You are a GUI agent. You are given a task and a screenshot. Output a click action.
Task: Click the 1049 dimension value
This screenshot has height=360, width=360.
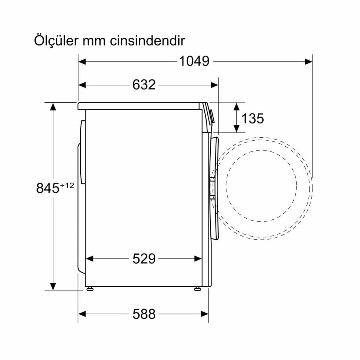pos(193,61)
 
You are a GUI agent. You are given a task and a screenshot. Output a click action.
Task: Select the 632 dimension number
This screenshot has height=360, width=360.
pos(144,85)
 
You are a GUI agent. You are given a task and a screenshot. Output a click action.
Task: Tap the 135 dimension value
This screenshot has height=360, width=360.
pos(252,118)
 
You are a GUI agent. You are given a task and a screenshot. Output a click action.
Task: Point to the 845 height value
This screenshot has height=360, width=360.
pos(48,188)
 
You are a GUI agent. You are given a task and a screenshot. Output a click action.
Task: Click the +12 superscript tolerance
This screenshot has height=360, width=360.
pos(67,185)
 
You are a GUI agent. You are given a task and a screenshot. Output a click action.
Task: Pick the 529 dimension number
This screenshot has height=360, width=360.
pos(144,258)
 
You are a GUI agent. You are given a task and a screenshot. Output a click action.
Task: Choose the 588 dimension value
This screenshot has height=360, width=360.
pos(144,314)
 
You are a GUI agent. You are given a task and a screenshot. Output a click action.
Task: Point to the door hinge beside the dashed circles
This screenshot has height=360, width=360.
pos(213,188)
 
